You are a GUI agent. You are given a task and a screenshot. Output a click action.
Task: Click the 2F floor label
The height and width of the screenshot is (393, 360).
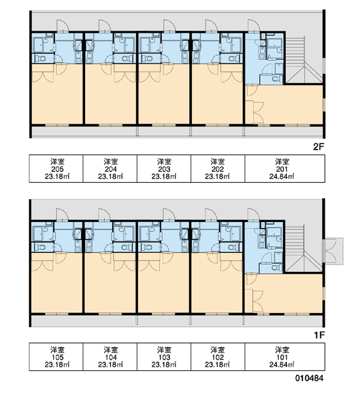click(x=318, y=147)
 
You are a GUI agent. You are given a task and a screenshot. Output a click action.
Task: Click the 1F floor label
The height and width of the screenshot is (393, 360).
click(x=319, y=335)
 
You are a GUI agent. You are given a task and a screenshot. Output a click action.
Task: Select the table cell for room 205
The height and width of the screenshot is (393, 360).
click(x=56, y=169)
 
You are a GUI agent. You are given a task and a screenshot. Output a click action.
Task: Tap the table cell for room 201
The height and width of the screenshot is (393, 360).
click(x=285, y=169)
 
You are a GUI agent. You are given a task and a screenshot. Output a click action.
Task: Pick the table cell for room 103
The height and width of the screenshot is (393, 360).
click(x=164, y=357)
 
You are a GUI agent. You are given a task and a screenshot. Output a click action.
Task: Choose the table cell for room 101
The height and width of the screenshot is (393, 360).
click(x=285, y=357)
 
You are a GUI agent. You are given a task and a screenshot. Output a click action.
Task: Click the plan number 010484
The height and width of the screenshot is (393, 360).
click(x=309, y=378)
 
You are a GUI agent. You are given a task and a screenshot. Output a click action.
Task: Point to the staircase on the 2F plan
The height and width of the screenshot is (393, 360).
click(x=304, y=60)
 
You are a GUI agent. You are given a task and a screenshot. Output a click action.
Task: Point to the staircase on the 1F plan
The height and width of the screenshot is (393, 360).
click(x=304, y=249)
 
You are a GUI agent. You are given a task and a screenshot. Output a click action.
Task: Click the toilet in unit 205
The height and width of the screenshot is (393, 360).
click(x=41, y=59)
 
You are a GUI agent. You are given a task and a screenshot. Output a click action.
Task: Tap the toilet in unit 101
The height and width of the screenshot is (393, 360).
click(x=275, y=268)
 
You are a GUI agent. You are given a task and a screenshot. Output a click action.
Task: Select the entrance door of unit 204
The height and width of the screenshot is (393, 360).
click(x=105, y=26)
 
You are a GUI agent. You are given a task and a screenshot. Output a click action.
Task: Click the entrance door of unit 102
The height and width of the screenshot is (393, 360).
click(x=211, y=215)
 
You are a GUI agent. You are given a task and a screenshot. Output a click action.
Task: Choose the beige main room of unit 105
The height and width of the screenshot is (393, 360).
click(x=57, y=285)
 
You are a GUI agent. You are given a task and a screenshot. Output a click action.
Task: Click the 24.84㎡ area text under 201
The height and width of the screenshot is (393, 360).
click(x=282, y=176)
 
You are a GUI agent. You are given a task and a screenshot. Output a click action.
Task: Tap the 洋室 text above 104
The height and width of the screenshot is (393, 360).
click(x=111, y=349)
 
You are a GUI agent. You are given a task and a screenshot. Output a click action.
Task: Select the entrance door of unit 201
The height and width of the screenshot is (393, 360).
click(x=253, y=26)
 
